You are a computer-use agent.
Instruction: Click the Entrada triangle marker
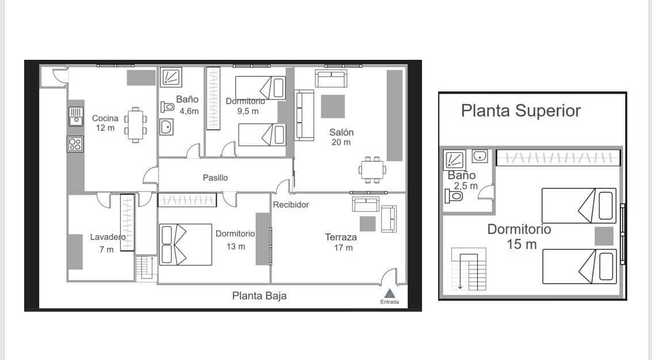click(x=389, y=293)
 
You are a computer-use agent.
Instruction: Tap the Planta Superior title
click(x=521, y=110)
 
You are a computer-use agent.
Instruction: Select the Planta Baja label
click(x=259, y=296)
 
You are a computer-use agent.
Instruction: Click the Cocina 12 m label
click(x=105, y=123)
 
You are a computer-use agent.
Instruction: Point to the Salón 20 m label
click(x=341, y=137)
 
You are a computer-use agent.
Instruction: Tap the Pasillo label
click(x=215, y=178)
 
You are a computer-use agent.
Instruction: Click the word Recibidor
click(x=291, y=205)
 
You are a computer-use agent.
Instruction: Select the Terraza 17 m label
click(x=341, y=242)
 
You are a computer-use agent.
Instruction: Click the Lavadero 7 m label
click(x=107, y=243)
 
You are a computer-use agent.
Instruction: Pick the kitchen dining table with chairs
click(x=135, y=124)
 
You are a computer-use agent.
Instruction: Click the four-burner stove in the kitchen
click(x=75, y=144)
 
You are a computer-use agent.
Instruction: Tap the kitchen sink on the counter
click(x=75, y=116)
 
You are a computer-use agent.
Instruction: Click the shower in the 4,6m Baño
click(x=170, y=78)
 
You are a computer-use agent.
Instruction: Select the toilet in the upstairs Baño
click(x=454, y=196)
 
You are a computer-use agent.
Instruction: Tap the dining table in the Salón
click(x=373, y=169)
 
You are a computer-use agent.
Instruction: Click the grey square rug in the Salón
click(x=333, y=106)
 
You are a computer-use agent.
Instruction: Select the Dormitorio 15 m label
click(x=519, y=236)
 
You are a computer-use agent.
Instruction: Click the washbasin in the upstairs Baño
click(x=480, y=156)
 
